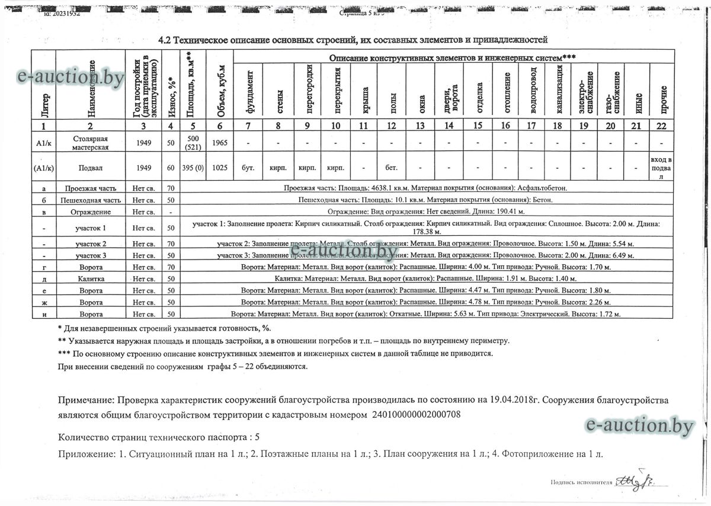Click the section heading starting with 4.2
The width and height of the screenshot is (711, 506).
352,40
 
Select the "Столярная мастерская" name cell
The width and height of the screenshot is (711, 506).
90,142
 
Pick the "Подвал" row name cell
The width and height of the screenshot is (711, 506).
90,168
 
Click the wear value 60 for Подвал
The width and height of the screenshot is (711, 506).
171,168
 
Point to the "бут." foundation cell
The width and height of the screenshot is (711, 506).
248,168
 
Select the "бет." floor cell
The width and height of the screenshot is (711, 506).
391,168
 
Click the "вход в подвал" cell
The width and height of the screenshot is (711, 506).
662,168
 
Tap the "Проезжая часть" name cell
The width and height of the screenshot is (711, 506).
90,188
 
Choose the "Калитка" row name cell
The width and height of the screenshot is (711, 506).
90,278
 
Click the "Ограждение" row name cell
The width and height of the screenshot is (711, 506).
90,212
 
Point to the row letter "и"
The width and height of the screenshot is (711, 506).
44,314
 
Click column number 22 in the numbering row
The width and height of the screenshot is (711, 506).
662,126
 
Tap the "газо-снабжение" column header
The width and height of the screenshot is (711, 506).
611,92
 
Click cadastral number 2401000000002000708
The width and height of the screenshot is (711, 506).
416,415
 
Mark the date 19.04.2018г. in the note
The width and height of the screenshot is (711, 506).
531,401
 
